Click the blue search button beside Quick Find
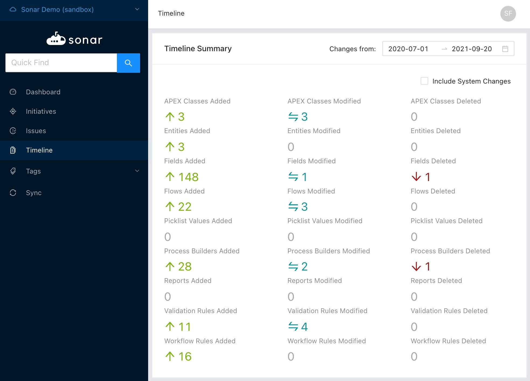128,63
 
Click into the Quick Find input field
61,63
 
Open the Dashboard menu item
43,92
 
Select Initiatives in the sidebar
41,111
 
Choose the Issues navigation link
36,131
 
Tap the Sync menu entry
34,193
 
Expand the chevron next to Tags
137,171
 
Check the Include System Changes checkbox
424,81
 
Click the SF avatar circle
508,13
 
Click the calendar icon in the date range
505,49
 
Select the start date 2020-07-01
408,49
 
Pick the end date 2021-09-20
472,49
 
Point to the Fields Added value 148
189,177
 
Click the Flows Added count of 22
185,207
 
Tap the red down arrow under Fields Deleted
416,177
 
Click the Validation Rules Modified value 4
304,327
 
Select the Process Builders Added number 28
185,266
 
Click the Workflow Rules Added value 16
185,356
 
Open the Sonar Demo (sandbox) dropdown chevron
137,9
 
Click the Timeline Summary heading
198,49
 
